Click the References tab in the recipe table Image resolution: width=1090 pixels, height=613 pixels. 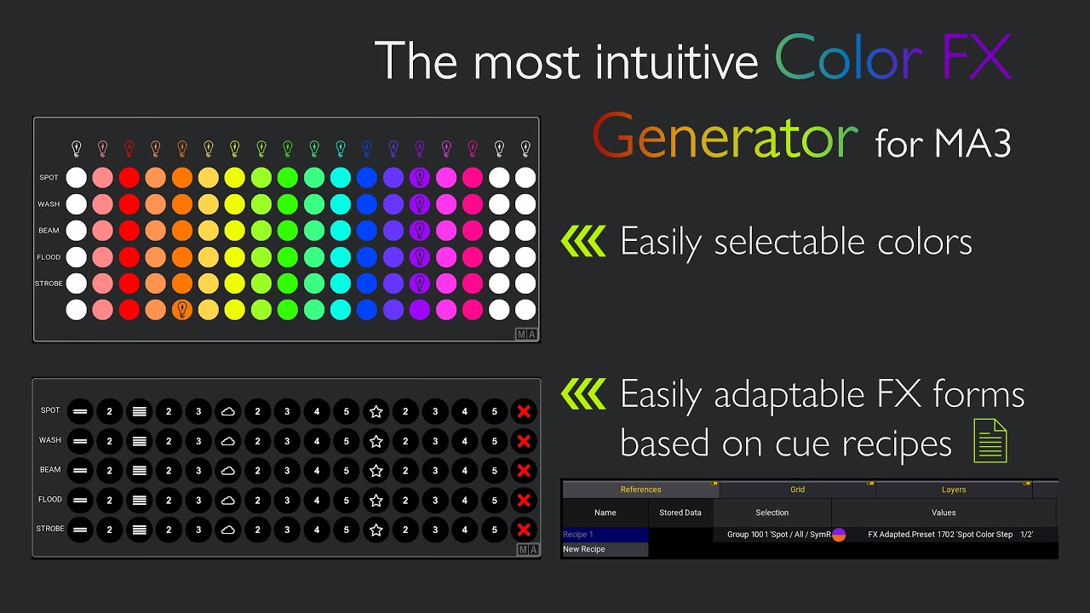[x=640, y=490]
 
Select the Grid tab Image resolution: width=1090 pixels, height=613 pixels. [x=797, y=490]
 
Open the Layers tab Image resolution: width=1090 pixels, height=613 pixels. [x=954, y=490]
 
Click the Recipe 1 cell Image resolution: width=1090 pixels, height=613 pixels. [x=605, y=535]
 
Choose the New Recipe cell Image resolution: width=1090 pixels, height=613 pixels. [x=605, y=549]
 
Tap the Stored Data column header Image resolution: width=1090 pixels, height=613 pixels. [x=680, y=513]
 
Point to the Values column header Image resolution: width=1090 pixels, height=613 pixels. [x=944, y=513]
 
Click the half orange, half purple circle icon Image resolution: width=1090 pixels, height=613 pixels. [x=839, y=535]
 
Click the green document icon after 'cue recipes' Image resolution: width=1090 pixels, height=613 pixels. [x=990, y=442]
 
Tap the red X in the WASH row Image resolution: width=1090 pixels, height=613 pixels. [x=524, y=441]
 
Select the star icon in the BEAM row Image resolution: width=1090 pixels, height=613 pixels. [x=376, y=470]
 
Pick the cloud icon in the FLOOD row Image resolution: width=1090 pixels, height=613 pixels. [x=227, y=500]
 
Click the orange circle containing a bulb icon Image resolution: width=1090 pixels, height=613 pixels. [x=182, y=310]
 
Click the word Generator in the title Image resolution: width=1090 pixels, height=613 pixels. [x=725, y=137]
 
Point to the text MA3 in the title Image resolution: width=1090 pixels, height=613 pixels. [x=972, y=143]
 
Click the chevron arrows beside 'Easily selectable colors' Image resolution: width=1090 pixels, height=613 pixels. [x=583, y=242]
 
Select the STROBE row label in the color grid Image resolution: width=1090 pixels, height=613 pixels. [x=49, y=284]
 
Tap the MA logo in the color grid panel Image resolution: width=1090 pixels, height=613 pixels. [x=526, y=334]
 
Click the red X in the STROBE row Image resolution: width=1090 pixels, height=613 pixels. [x=524, y=530]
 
